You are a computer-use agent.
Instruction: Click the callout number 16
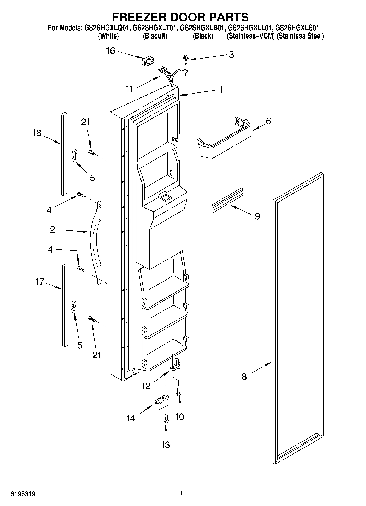coord(110,51)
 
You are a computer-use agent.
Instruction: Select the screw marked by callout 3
coord(186,59)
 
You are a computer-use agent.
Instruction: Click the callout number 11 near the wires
coord(130,89)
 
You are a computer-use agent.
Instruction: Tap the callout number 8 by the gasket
coord(244,377)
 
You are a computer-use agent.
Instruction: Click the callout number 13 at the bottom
coord(166,445)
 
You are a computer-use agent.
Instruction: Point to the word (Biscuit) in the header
coord(155,36)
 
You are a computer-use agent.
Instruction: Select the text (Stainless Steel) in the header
coord(300,36)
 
